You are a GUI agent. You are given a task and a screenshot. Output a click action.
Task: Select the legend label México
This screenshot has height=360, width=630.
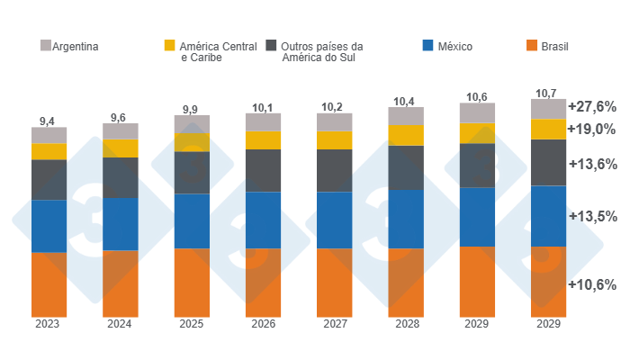point(454,46)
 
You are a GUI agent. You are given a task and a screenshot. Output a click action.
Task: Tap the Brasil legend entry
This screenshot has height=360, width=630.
point(553,46)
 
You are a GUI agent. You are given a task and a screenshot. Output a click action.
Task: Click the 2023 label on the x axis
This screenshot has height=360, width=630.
point(49,324)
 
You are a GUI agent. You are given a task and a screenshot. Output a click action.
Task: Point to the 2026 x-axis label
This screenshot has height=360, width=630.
point(263,324)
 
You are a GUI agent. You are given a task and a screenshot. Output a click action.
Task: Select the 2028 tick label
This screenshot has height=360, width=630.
point(406,324)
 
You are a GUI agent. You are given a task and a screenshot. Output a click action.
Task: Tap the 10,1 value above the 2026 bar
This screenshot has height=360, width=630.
point(263,107)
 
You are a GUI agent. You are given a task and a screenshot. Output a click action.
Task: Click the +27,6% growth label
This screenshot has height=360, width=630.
point(591,106)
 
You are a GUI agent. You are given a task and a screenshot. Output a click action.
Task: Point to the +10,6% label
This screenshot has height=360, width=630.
point(591,284)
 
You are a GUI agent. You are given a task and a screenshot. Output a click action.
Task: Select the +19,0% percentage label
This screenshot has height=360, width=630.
point(591,129)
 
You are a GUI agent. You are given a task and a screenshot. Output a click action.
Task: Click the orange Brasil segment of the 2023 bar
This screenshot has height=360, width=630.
point(49,283)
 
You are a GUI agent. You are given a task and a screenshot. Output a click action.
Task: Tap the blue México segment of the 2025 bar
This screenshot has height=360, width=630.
point(192,220)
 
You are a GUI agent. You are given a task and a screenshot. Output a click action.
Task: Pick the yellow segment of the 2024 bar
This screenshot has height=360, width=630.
point(120,148)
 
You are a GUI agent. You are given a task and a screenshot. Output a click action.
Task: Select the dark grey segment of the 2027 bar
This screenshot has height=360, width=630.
point(334,170)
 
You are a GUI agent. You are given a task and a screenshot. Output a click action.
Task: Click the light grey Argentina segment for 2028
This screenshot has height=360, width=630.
point(406,116)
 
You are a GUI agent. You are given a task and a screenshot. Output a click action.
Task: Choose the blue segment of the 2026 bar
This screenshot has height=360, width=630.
point(263,220)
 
